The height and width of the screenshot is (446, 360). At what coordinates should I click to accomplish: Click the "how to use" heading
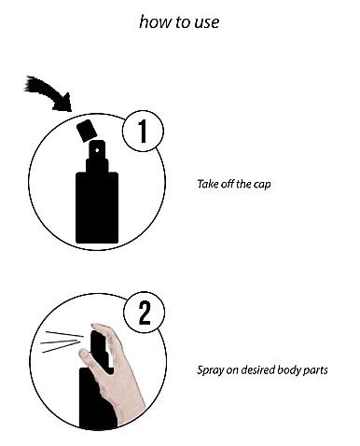click(179, 22)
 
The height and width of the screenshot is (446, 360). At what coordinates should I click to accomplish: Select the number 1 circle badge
click(143, 131)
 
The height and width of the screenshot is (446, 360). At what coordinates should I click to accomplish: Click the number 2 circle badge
click(145, 313)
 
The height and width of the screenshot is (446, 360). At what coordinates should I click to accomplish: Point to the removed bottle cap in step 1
click(87, 131)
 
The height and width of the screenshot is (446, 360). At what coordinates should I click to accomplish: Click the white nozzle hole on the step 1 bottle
click(97, 150)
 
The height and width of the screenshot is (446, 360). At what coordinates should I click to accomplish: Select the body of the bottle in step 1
click(97, 207)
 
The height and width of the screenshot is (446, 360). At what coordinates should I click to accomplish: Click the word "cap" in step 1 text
click(262, 185)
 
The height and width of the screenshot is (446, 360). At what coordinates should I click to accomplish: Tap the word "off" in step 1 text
click(228, 184)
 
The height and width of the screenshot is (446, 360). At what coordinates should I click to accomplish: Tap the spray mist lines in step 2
click(62, 342)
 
